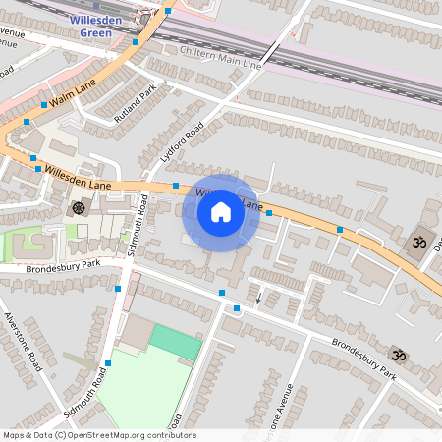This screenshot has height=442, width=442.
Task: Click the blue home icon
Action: click(221, 211)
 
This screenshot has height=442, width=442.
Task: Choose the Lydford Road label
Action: click(181, 143)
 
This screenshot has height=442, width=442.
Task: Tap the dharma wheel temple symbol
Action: click(78, 207)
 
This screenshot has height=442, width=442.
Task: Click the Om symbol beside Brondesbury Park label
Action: click(398, 354)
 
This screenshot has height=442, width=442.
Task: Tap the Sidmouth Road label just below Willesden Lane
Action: click(138, 226)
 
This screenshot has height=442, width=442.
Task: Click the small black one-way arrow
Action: click(259, 296)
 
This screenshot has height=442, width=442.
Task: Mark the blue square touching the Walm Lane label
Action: click(44, 103)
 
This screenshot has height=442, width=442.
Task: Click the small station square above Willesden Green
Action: click(96, 7)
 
